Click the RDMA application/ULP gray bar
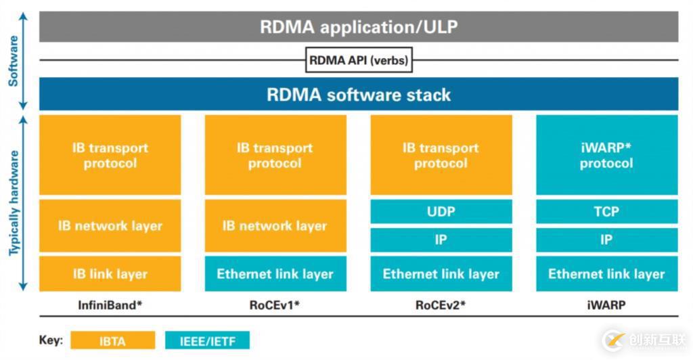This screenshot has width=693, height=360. pos(359,27)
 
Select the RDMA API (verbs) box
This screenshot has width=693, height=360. pos(359,60)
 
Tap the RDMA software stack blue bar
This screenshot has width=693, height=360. pos(359,94)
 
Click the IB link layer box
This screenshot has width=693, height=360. pos(110,274)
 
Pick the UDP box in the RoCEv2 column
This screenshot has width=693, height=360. pos(441,212)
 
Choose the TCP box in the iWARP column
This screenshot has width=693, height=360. pos(606,212)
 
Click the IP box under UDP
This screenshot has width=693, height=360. pos(441,240)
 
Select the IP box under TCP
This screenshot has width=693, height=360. pos(606,240)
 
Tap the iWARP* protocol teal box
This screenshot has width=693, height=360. pos(606,155)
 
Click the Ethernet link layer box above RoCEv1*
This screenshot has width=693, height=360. pos(275,274)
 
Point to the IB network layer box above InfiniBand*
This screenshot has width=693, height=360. pos(110,226)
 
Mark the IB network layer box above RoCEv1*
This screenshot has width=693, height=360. pos(275,226)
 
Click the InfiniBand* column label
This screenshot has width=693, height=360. pos(110,305)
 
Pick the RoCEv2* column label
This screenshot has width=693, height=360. pos(440,305)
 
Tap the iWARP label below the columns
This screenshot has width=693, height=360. pos(606,305)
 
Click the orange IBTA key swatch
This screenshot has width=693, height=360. pos(112,340)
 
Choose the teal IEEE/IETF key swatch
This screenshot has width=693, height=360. pos(207,340)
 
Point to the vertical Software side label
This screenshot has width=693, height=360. pos(13,61)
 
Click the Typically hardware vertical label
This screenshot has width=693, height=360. pos(13,203)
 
